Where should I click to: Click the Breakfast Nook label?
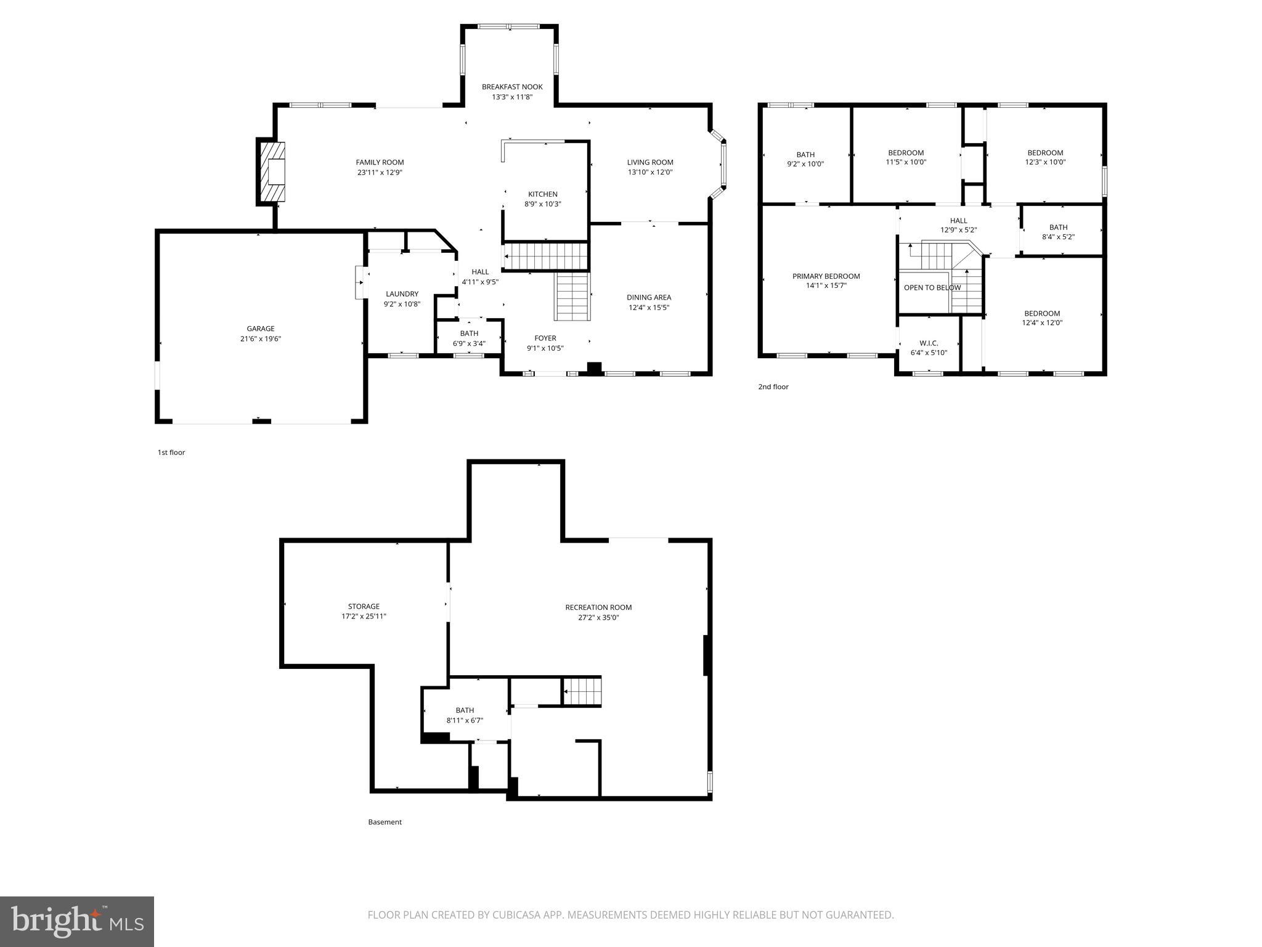pyautogui.click(x=512, y=87)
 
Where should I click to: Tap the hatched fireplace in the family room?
pyautogui.click(x=272, y=172)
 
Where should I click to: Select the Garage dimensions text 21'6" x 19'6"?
pyautogui.click(x=261, y=338)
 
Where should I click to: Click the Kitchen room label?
pyautogui.click(x=542, y=194)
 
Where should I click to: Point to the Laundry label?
pyautogui.click(x=402, y=294)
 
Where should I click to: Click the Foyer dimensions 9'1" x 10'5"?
pyautogui.click(x=545, y=348)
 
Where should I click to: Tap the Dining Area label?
pyautogui.click(x=649, y=297)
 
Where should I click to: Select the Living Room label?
pyautogui.click(x=650, y=163)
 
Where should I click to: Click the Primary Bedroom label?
pyautogui.click(x=826, y=276)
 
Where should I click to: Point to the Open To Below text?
pyautogui.click(x=932, y=288)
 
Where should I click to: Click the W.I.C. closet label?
pyautogui.click(x=929, y=343)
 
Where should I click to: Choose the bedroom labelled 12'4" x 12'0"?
pyautogui.click(x=1042, y=318)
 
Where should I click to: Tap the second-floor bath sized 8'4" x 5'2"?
pyautogui.click(x=1058, y=232)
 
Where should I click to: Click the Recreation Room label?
pyautogui.click(x=598, y=607)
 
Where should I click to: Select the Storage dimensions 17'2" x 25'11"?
pyautogui.click(x=364, y=616)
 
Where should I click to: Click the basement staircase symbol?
pyautogui.click(x=582, y=691)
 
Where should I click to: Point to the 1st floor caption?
pyautogui.click(x=171, y=453)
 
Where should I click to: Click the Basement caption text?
pyautogui.click(x=385, y=822)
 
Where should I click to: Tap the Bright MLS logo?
pyautogui.click(x=77, y=920)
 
